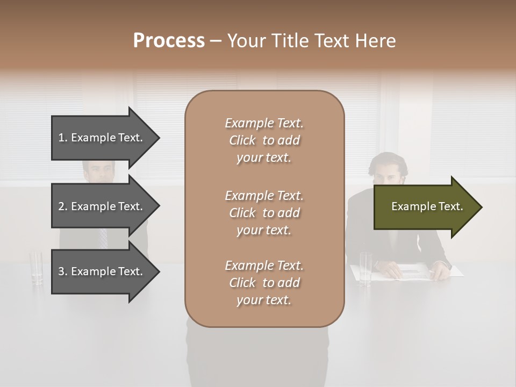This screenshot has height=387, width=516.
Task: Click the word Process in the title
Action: point(169,41)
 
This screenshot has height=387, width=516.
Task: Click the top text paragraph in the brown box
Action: point(264,140)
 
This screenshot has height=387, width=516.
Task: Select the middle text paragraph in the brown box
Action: point(264,213)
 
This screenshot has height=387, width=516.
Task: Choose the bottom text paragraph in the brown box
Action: point(264,283)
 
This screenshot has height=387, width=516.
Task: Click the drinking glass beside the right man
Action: point(365,268)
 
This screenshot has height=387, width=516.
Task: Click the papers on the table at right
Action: point(414,271)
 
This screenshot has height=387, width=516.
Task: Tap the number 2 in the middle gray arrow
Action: point(62,206)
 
